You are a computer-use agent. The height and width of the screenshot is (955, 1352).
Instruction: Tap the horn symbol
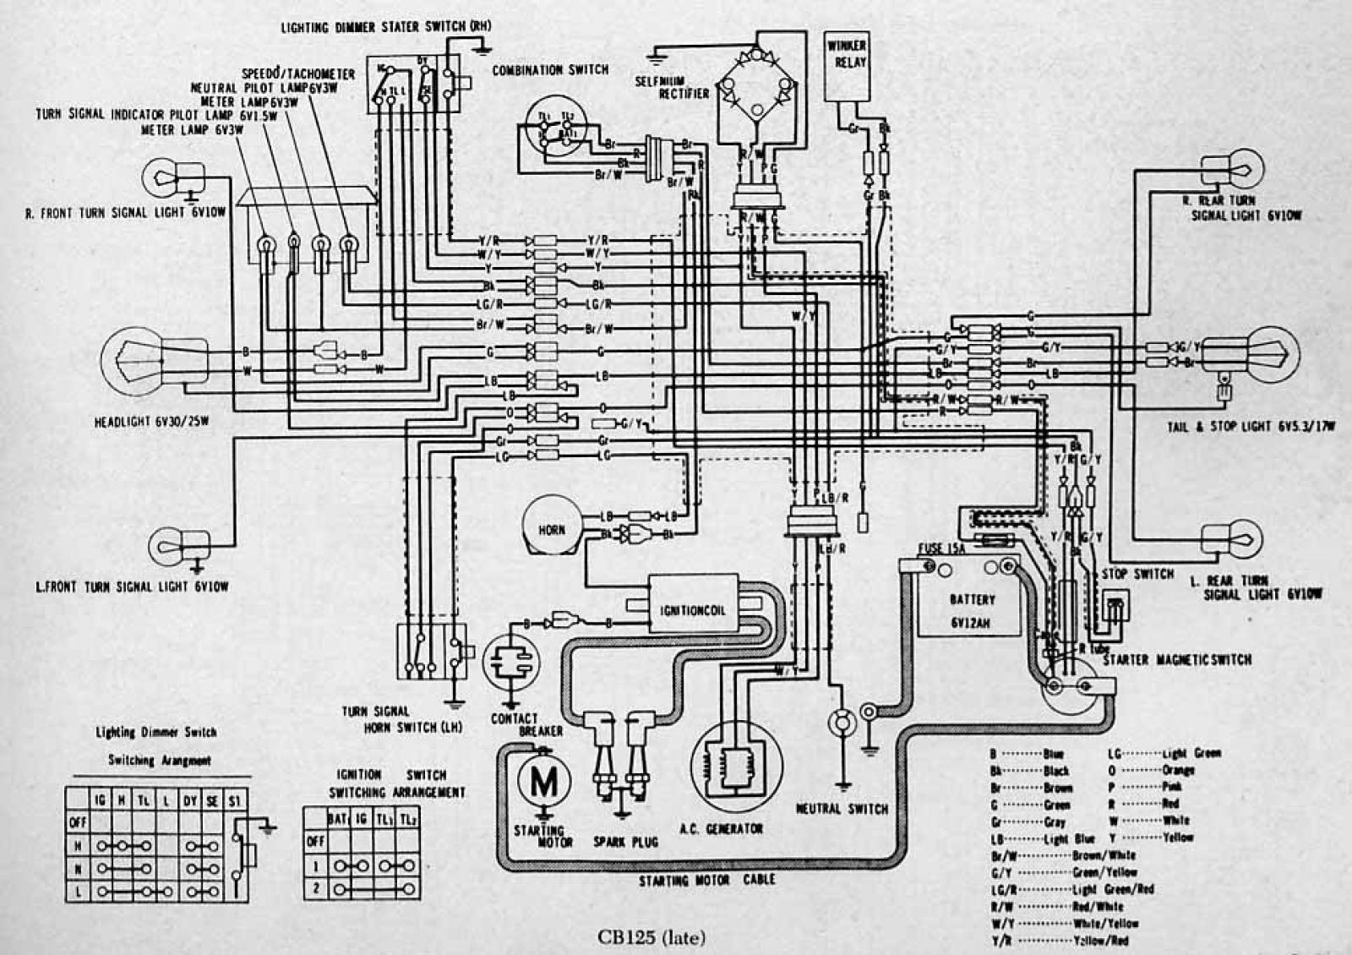click(x=552, y=528)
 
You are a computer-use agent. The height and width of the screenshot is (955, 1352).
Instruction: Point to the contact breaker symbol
click(x=510, y=663)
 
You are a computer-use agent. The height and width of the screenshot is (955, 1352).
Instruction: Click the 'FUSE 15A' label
click(x=942, y=549)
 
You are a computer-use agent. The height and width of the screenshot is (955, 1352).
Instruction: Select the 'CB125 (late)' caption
click(x=651, y=936)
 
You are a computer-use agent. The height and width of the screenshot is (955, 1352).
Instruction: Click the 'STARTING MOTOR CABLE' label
click(x=706, y=881)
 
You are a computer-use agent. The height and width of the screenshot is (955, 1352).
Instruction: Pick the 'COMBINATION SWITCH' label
click(x=550, y=70)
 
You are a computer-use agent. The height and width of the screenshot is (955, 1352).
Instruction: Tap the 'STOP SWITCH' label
click(x=1137, y=575)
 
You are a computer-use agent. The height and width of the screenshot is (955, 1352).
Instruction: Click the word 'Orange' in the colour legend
click(x=1178, y=770)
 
